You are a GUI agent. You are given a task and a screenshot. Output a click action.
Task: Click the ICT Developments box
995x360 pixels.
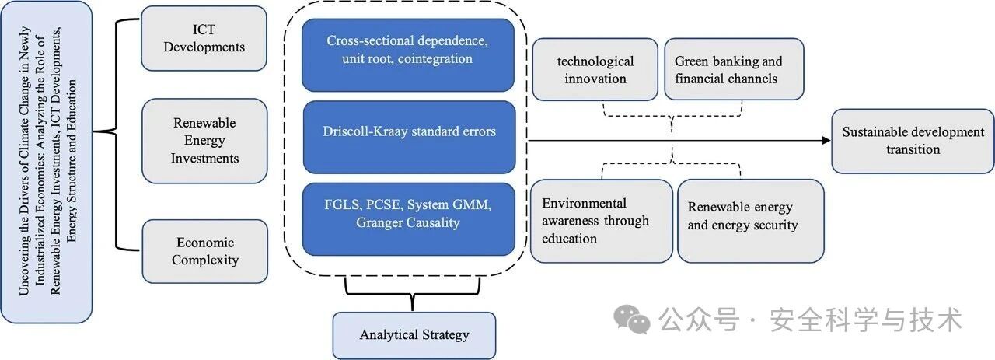204,38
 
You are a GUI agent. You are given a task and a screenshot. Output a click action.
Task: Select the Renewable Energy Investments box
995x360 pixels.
204,141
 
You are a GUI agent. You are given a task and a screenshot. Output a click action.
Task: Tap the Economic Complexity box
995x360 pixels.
205,251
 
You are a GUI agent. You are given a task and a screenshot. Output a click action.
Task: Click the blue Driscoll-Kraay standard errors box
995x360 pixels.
409,137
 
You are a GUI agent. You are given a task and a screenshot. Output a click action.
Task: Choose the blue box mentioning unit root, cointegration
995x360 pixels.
408,54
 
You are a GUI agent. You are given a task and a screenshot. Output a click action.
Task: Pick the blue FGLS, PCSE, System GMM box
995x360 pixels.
408,219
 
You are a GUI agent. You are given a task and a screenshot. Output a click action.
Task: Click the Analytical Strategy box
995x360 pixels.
414,335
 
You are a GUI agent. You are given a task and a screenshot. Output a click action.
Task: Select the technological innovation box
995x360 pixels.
595,69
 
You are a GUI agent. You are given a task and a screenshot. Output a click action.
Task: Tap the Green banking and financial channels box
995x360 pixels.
735,69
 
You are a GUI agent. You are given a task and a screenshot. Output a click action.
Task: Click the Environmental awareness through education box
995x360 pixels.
602,221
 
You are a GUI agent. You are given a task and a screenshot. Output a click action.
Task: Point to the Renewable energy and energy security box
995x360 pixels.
751,221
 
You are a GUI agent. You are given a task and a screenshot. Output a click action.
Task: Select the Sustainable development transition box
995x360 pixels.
913,141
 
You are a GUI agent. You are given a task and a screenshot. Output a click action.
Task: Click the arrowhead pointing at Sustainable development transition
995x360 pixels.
826,141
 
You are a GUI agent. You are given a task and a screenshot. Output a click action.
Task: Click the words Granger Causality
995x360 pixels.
408,222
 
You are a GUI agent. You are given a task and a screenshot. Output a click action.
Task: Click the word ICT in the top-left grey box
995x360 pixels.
204,30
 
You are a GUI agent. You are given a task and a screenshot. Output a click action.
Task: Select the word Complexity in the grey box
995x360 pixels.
205,260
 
